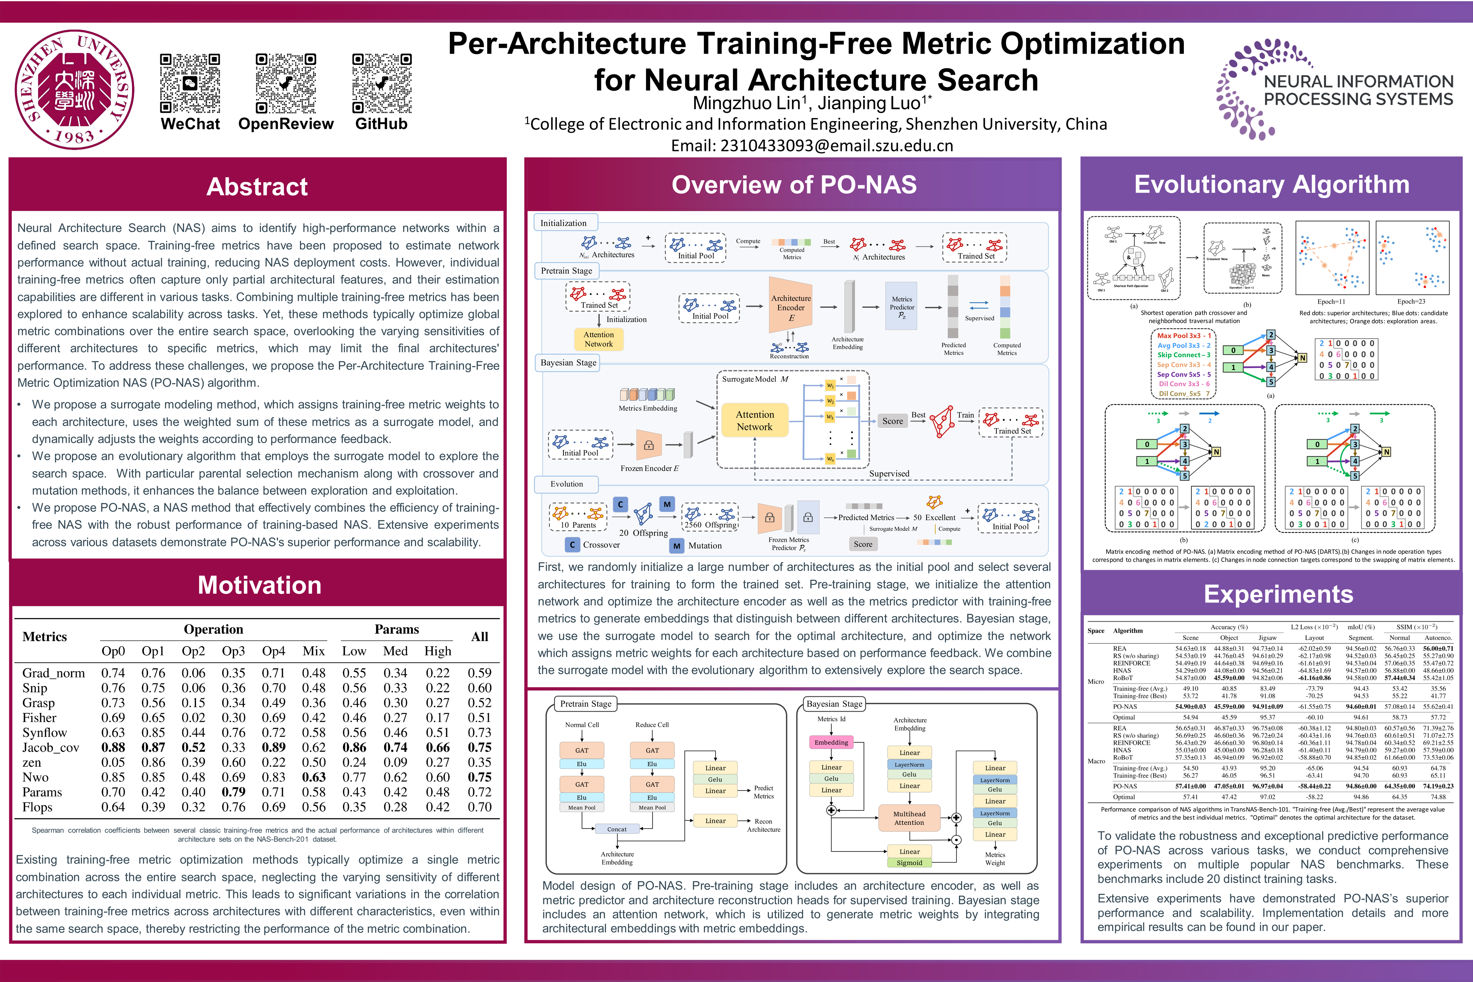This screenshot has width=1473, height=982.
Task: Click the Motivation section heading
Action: (x=259, y=585)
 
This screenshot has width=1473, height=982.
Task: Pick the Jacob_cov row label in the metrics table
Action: (x=51, y=747)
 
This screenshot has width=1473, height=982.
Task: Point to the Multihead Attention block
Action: (x=908, y=818)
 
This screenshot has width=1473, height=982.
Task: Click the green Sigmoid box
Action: (x=909, y=862)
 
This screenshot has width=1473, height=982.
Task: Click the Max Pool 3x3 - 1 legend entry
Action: (x=1183, y=336)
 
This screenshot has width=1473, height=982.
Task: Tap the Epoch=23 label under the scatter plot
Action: (x=1411, y=301)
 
